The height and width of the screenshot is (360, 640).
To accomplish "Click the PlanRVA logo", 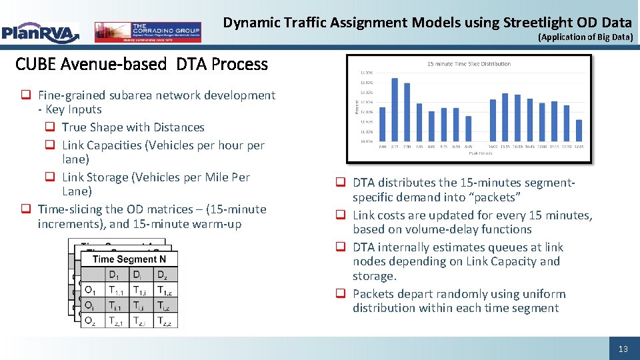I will click(x=40, y=32).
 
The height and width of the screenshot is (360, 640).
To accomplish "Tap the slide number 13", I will click(x=623, y=349).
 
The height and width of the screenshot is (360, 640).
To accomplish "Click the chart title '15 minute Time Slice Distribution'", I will click(x=469, y=64).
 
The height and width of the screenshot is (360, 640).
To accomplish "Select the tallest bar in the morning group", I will click(x=395, y=110).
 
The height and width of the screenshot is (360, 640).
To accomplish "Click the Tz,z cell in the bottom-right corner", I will click(x=164, y=321).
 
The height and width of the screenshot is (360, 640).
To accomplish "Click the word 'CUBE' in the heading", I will click(x=35, y=65).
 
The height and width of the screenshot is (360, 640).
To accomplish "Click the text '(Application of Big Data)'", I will click(x=585, y=37).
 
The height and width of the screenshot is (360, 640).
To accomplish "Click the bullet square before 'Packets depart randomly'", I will click(x=340, y=294).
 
